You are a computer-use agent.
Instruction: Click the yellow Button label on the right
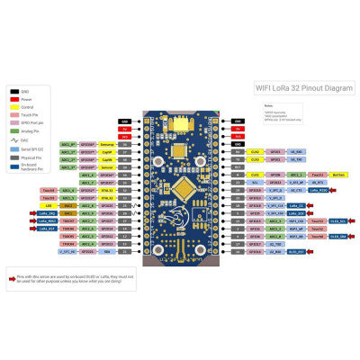[x=338, y=175]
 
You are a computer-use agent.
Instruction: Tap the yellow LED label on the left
[x=48, y=205]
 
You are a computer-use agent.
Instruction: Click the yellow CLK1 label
[x=256, y=175]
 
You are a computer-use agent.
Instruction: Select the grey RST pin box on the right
[x=237, y=166]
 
